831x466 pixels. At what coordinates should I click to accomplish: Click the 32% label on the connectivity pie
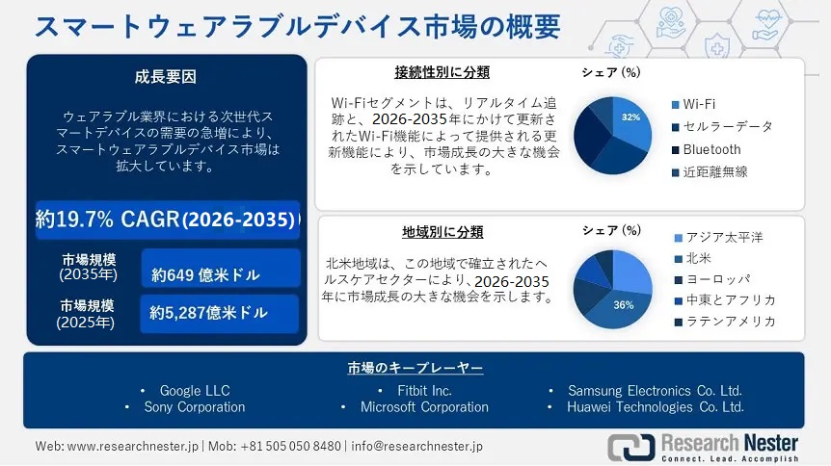click(630, 117)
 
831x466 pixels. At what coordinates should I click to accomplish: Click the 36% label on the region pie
click(624, 305)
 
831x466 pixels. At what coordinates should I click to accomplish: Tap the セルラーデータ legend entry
click(728, 127)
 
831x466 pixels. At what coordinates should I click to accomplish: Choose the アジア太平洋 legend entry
click(724, 238)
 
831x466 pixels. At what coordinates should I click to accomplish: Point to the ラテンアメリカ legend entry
click(730, 322)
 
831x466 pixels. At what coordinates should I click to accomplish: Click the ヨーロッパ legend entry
click(716, 279)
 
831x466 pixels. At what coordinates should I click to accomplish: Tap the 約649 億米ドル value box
click(219, 274)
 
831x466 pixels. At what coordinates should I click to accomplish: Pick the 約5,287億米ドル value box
click(219, 313)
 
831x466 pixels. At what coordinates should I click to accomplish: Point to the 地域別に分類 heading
click(442, 232)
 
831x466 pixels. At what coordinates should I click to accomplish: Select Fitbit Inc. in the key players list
click(424, 391)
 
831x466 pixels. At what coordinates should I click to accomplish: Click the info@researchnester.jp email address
click(416, 447)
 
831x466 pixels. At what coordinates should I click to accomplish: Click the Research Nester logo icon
click(629, 447)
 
